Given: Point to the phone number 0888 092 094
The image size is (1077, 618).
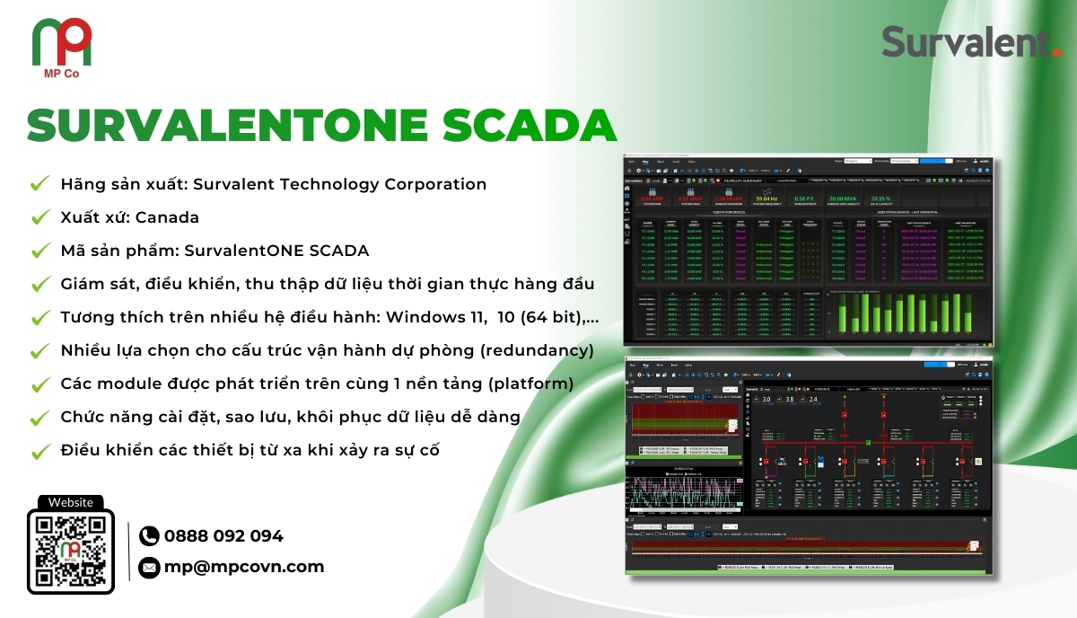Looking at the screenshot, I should pos(223,536).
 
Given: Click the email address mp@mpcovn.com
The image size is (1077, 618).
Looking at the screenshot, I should pos(244,567).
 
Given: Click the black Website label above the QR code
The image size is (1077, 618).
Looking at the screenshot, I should pos(71,503).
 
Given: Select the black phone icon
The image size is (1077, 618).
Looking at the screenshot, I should pos(149,536).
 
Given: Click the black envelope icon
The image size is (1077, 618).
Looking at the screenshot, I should pos(149,567).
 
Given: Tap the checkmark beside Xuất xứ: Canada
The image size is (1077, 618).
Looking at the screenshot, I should pos(39,217).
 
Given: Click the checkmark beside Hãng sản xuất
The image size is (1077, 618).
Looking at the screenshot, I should pos(39,184).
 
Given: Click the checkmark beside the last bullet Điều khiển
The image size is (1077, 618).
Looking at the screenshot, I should pos(39,450).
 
